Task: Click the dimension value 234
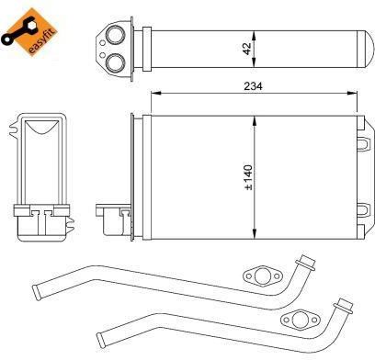253,86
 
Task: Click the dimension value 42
247,49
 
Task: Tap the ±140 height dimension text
249,177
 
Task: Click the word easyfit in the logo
42,41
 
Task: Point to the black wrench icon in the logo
17,31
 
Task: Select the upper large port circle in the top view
116,35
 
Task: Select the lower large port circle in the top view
116,62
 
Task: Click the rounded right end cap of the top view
366,49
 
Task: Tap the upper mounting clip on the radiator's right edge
363,144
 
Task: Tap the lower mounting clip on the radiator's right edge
363,210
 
